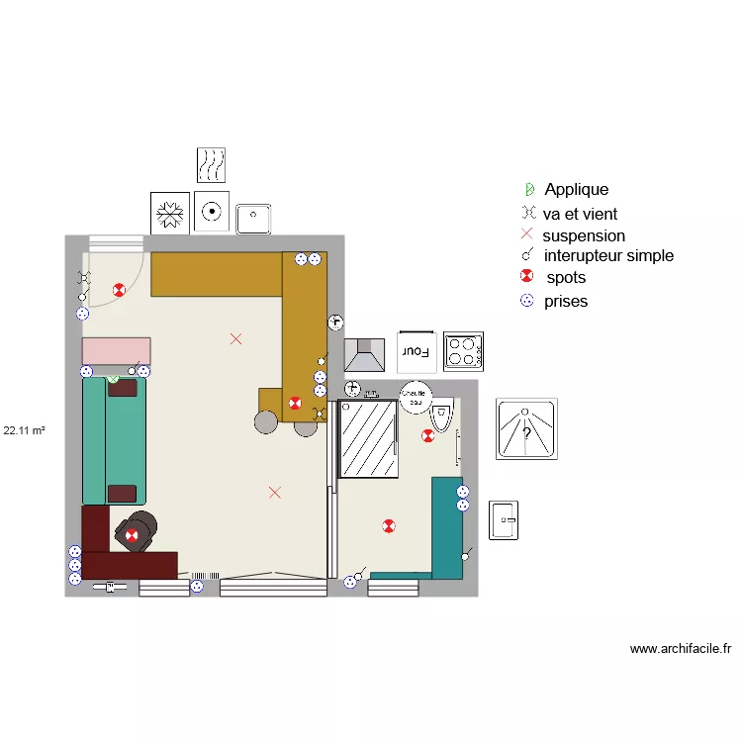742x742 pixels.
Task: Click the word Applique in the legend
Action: pyautogui.click(x=576, y=189)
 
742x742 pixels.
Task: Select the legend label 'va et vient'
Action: pyautogui.click(x=580, y=213)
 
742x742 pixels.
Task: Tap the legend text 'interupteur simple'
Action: pyautogui.click(x=608, y=255)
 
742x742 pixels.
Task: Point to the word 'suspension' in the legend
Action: pyautogui.click(x=584, y=235)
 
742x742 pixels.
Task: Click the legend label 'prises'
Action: pyautogui.click(x=566, y=301)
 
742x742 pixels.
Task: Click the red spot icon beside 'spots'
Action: pyautogui.click(x=527, y=277)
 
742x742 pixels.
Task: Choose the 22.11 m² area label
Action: pyautogui.click(x=26, y=430)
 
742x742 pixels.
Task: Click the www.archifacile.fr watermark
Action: pyautogui.click(x=681, y=649)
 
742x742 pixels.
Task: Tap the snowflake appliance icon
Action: pyautogui.click(x=170, y=213)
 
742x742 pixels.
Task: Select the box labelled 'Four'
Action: pyautogui.click(x=416, y=350)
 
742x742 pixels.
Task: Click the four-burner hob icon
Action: pyautogui.click(x=463, y=350)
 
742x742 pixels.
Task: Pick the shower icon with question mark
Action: pyautogui.click(x=526, y=429)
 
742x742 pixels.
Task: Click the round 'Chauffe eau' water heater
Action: pyautogui.click(x=416, y=394)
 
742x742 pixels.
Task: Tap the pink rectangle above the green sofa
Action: pyautogui.click(x=116, y=350)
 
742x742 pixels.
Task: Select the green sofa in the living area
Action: pyautogui.click(x=114, y=440)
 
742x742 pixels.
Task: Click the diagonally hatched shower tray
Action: pyautogui.click(x=367, y=439)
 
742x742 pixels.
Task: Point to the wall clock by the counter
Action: pyautogui.click(x=335, y=322)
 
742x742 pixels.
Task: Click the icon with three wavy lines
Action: pyautogui.click(x=211, y=165)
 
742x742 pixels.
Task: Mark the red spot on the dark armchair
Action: pyautogui.click(x=132, y=535)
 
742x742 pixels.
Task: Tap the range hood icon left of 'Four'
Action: pyautogui.click(x=364, y=353)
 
